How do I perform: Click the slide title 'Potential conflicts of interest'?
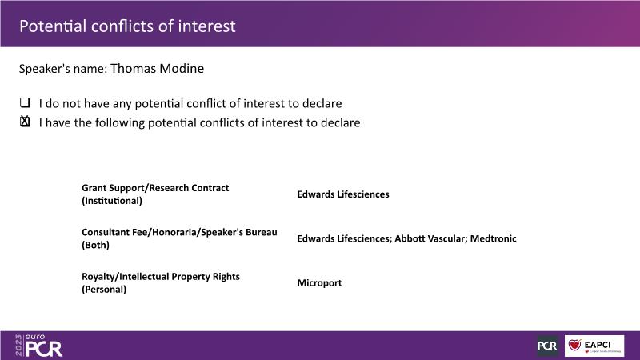[x=127, y=26]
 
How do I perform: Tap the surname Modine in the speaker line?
[x=181, y=69]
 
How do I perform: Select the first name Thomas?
[x=132, y=69]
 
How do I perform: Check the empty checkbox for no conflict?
[x=26, y=102]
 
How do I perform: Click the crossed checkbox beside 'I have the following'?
[x=26, y=122]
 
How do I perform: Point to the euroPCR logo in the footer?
[x=38, y=346]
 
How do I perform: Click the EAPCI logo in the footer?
[x=594, y=346]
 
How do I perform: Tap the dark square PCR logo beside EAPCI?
[x=548, y=346]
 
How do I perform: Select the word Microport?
[x=319, y=283]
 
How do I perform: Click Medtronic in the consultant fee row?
[x=493, y=238]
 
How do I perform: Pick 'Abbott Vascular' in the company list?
[x=430, y=238]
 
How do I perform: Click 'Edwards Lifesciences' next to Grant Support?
[x=343, y=194]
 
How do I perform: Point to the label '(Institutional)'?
[x=112, y=201]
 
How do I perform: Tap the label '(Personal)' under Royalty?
[x=104, y=290]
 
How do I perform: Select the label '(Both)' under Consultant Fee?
[x=95, y=245]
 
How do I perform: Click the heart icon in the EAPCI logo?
[x=574, y=345]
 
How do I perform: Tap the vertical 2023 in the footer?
[x=18, y=346]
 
